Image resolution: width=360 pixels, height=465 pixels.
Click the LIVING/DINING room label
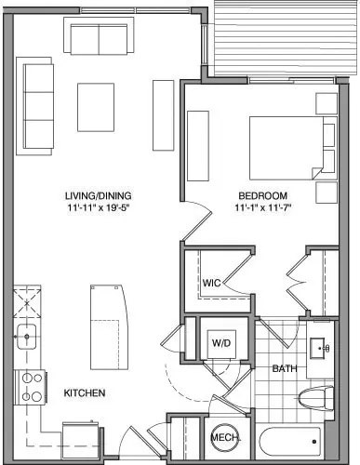click(x=98, y=196)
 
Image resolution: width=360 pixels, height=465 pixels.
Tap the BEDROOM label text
click(x=262, y=196)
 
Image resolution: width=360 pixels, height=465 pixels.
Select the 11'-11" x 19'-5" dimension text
click(x=98, y=207)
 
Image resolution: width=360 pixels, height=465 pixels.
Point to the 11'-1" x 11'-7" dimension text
click(x=262, y=207)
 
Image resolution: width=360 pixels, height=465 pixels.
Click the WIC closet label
click(x=211, y=283)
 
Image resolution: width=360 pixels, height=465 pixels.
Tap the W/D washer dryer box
click(x=221, y=344)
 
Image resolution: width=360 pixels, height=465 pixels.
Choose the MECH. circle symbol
click(x=225, y=437)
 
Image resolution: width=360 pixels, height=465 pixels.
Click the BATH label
click(x=285, y=368)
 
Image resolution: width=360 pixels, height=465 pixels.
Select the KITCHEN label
click(x=85, y=393)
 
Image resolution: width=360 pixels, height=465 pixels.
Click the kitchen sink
click(x=27, y=337)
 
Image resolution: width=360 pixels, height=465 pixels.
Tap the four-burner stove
click(x=30, y=387)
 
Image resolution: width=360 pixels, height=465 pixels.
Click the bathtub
click(x=290, y=442)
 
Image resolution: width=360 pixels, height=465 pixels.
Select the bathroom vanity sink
click(x=318, y=348)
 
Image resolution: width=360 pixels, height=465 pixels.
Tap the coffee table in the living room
click(x=96, y=107)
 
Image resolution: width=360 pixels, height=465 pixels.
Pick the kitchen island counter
click(x=109, y=327)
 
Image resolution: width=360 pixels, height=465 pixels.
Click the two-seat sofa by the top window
click(x=99, y=35)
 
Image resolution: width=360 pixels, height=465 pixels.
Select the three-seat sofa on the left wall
click(x=34, y=106)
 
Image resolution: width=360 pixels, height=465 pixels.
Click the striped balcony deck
click(x=286, y=38)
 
